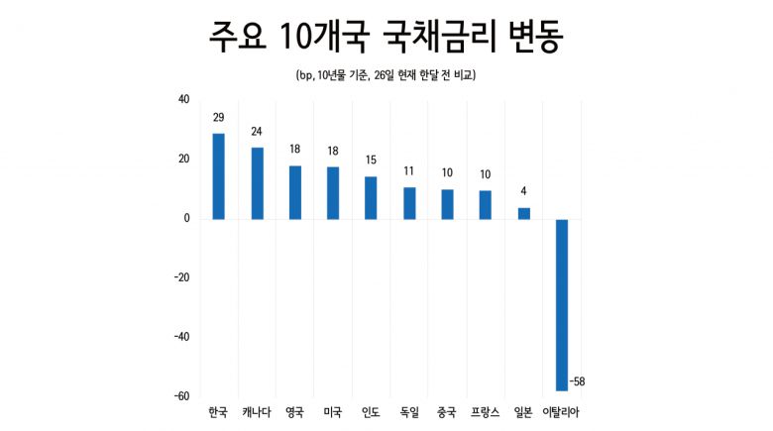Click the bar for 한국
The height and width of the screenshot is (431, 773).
(x=218, y=176)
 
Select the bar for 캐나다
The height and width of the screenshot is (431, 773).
(x=257, y=183)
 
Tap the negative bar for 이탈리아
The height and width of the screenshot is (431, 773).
(x=561, y=304)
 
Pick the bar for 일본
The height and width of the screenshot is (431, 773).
(x=523, y=213)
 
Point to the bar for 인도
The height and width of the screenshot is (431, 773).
(x=371, y=197)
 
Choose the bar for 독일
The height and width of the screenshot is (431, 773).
(x=409, y=203)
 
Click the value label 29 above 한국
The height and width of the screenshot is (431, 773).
(x=218, y=118)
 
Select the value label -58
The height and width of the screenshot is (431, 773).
(x=579, y=381)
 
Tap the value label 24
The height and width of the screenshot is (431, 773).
(x=257, y=132)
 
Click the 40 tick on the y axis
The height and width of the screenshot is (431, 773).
(x=183, y=99)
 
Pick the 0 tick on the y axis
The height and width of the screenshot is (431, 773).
(x=186, y=218)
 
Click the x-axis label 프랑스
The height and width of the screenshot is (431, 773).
(x=486, y=411)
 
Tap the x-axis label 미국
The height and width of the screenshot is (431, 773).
(x=333, y=411)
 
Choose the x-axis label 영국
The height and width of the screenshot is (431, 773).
(x=294, y=411)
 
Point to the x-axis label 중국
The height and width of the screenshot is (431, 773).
(x=447, y=411)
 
